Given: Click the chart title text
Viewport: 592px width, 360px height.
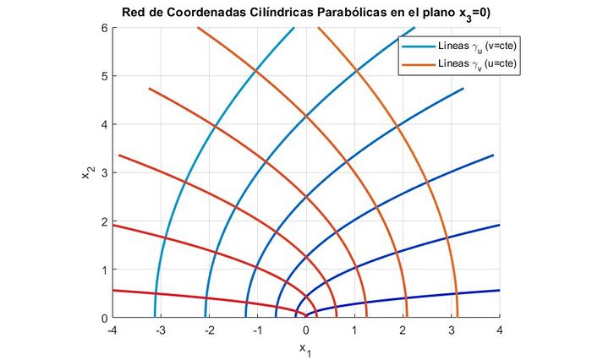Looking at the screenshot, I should click(x=305, y=12).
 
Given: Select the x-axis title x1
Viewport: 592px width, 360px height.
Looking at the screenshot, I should click(x=306, y=348).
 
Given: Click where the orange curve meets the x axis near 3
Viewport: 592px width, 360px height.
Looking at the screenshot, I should click(x=458, y=317).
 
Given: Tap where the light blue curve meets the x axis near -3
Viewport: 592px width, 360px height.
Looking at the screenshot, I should click(x=155, y=317).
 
